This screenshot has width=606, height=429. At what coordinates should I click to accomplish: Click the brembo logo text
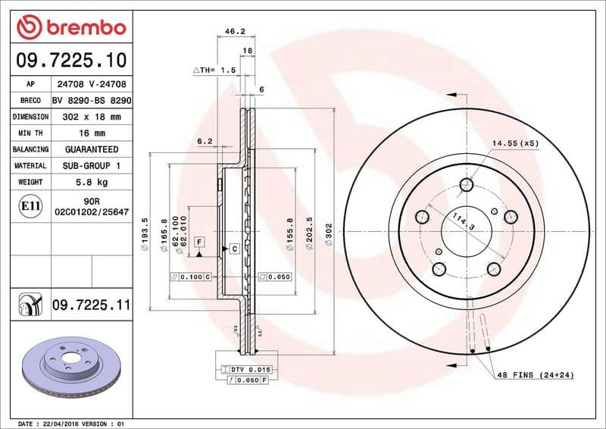tap(83, 28)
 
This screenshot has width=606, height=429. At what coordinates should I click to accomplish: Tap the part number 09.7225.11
tap(92, 305)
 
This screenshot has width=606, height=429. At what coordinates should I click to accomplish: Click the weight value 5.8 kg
tap(92, 182)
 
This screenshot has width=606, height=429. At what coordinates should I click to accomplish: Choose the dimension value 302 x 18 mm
tap(92, 117)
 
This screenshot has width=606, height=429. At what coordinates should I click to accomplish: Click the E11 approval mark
tap(30, 205)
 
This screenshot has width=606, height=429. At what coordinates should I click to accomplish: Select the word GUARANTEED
tap(92, 149)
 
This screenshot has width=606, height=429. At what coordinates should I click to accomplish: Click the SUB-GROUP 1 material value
tap(92, 165)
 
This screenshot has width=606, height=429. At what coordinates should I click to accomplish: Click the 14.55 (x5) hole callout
tap(515, 142)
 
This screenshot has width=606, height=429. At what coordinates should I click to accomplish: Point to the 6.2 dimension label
tap(204, 142)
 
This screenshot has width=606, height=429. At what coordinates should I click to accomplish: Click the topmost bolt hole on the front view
tap(467, 184)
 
